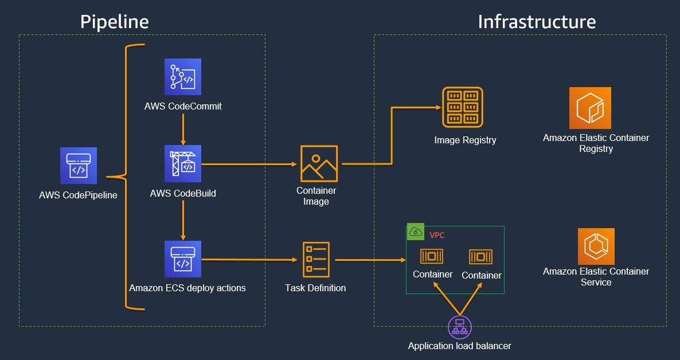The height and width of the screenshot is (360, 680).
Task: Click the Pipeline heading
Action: coord(114,21)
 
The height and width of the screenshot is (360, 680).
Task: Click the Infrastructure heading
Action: coord(537,21)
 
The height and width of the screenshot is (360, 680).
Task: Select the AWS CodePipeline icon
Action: coord(79,166)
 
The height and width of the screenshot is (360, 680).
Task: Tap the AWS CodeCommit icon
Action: coord(183,76)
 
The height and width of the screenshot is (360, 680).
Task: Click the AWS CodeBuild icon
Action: coord(183,163)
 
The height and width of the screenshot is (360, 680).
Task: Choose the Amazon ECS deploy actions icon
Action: coord(183,259)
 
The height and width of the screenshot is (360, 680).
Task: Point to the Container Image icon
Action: coord(319,163)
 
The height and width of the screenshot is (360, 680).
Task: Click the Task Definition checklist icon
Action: coord(316,260)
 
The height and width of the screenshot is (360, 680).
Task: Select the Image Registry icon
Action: coord(463,107)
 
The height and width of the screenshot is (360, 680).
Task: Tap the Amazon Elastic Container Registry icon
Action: coord(590,108)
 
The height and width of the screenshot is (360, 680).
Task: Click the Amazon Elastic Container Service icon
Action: coord(596,246)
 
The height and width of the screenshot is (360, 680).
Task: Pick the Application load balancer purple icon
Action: coord(459,327)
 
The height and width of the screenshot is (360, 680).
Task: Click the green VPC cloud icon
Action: coord(415,232)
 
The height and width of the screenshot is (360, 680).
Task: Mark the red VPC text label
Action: coord(437,235)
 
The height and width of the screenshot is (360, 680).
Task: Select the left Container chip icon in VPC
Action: coord(432,256)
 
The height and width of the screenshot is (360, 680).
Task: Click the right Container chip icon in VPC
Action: coord(480,257)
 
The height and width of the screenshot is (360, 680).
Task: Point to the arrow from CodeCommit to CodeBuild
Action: coord(183,129)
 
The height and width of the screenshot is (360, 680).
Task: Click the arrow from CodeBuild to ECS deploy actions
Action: coord(183,221)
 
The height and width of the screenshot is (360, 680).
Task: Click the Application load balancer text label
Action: coord(459,346)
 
